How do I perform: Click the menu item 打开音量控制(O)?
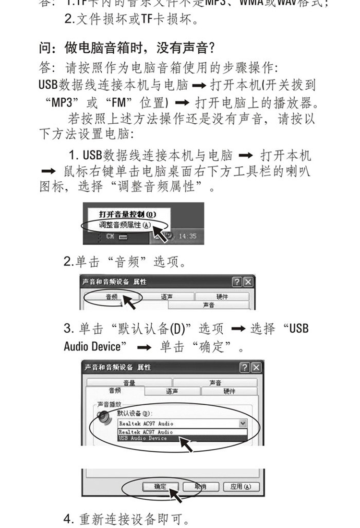127,214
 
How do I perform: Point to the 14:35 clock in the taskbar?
187,236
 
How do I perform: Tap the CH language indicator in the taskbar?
110,236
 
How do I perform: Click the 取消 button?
200,487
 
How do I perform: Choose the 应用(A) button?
240,487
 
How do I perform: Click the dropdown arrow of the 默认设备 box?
242,423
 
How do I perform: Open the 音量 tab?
129,383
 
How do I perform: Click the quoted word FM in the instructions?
118,103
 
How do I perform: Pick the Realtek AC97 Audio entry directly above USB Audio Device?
145,432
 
